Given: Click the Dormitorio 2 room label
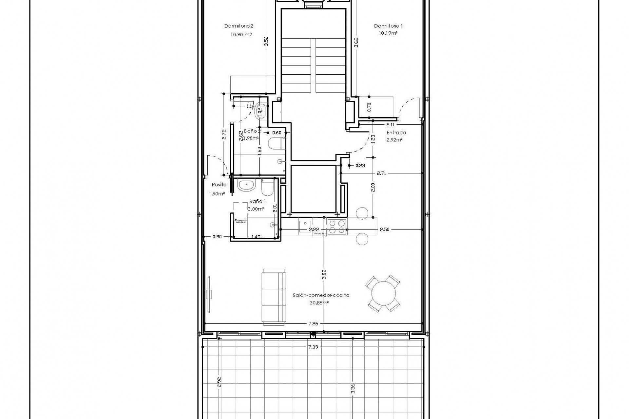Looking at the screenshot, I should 238,26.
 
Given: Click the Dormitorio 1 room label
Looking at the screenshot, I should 388,26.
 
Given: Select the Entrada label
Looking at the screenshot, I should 396,133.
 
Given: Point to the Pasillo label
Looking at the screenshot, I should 219,185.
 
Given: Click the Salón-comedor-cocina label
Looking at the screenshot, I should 321,295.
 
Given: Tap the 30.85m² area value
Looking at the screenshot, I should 319,303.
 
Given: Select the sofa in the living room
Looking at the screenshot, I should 274,301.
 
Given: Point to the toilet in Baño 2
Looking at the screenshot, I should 275,143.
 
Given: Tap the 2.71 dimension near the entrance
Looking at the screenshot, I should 381,173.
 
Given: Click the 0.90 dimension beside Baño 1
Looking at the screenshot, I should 217,237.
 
